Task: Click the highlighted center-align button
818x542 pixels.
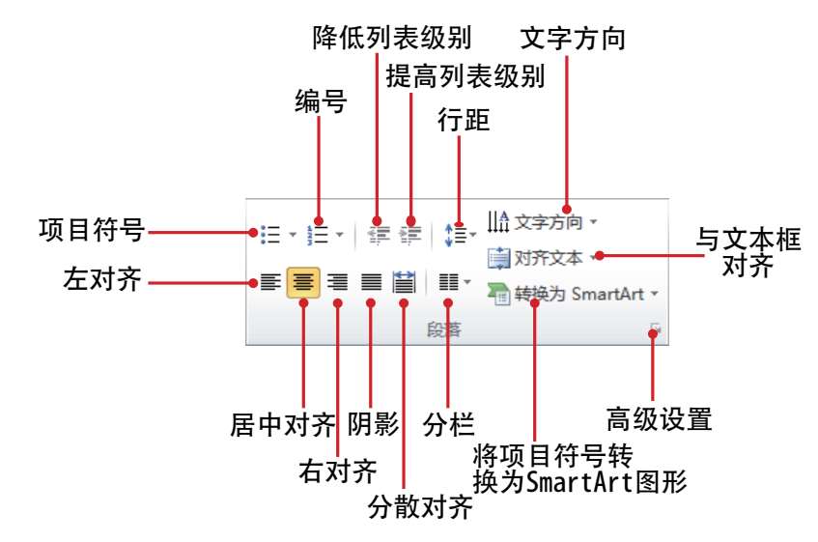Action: pos(303,282)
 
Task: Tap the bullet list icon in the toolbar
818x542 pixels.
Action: pos(270,235)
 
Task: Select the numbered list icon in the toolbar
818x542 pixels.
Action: pos(318,235)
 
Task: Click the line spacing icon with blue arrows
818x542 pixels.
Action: pos(456,235)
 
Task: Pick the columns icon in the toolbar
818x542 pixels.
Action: pos(449,282)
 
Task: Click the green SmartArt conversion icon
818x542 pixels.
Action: pos(498,294)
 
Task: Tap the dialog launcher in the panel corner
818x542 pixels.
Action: pos(655,329)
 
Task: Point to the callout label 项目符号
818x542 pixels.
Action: pos(92,230)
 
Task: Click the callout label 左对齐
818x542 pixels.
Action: pos(102,279)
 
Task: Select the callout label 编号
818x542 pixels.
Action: pos(321,101)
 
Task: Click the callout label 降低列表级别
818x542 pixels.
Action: pos(392,38)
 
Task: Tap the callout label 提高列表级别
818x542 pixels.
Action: pos(465,76)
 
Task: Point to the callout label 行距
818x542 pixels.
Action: pos(464,120)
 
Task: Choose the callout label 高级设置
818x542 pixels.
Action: pos(659,419)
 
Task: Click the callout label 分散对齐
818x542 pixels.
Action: pos(420,506)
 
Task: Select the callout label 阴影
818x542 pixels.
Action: pos(374,423)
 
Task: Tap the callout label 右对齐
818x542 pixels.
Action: pos(338,471)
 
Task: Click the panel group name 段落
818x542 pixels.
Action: pos(444,329)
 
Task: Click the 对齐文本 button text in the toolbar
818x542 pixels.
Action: pos(549,258)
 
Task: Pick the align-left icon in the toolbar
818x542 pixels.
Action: pos(270,282)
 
